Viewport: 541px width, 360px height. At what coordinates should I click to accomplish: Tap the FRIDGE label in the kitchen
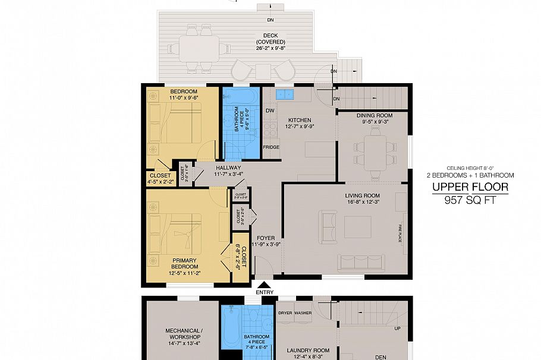point(271,147)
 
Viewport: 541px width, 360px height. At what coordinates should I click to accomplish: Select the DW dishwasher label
point(270,111)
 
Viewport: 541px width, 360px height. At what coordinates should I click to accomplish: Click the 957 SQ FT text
point(470,200)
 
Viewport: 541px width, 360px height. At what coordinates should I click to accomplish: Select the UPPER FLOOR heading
point(470,188)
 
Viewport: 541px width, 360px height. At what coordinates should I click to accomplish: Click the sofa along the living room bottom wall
point(361,262)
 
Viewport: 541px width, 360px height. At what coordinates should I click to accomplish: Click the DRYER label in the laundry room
point(285,312)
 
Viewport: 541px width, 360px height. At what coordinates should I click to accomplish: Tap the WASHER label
point(303,312)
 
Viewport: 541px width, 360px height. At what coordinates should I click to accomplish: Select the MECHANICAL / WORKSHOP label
point(184,334)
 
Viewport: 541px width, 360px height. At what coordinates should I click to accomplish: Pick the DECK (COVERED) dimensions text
point(270,49)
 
